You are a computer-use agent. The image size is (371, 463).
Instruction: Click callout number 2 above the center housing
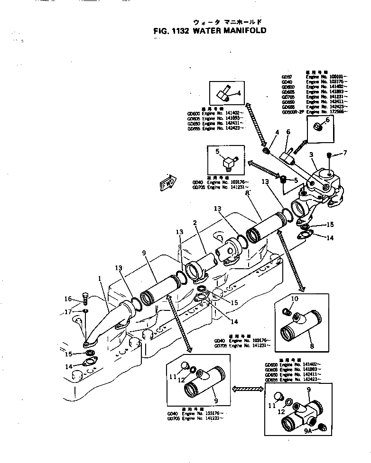[194, 223]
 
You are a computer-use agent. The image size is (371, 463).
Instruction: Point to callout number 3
[311, 154]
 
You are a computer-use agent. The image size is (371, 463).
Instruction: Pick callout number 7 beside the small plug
[345, 153]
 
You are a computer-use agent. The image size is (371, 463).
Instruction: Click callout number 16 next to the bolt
[68, 299]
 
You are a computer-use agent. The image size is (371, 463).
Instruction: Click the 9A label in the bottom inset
[307, 430]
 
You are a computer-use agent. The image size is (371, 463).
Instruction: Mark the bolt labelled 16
[84, 299]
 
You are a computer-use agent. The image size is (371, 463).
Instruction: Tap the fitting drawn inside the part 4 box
[223, 93]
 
